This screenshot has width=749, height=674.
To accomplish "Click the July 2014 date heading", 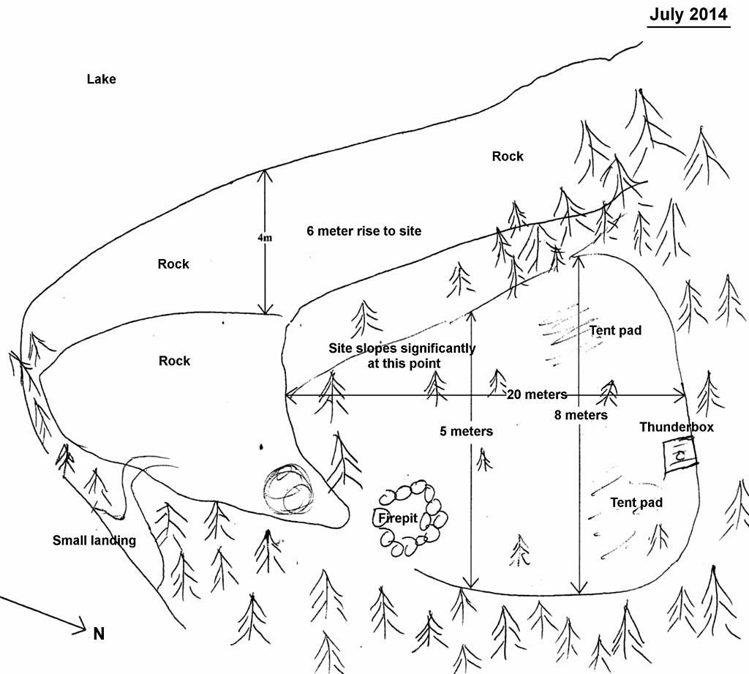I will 689,14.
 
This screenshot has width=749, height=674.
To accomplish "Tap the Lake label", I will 101,79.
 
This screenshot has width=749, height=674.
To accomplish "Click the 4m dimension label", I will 264,239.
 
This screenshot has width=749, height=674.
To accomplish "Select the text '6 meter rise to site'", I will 364,231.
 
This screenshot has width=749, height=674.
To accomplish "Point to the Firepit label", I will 398,518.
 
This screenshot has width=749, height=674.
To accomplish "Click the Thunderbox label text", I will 676,427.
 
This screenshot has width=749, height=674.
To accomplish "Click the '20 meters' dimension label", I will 537,394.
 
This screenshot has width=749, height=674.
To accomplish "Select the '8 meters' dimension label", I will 581,415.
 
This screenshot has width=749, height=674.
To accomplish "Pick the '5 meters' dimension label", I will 466,431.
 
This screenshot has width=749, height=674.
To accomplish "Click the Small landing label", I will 94,541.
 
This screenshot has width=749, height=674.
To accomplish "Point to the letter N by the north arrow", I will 99,634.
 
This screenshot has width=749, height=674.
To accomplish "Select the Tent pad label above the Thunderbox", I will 615,330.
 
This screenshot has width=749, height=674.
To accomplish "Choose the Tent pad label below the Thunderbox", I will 636,502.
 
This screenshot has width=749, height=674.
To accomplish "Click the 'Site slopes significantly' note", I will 402,355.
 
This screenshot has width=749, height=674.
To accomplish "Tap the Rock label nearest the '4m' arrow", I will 173,264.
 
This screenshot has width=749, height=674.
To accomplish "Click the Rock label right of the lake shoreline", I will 508,156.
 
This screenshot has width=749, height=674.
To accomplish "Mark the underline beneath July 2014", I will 689,27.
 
